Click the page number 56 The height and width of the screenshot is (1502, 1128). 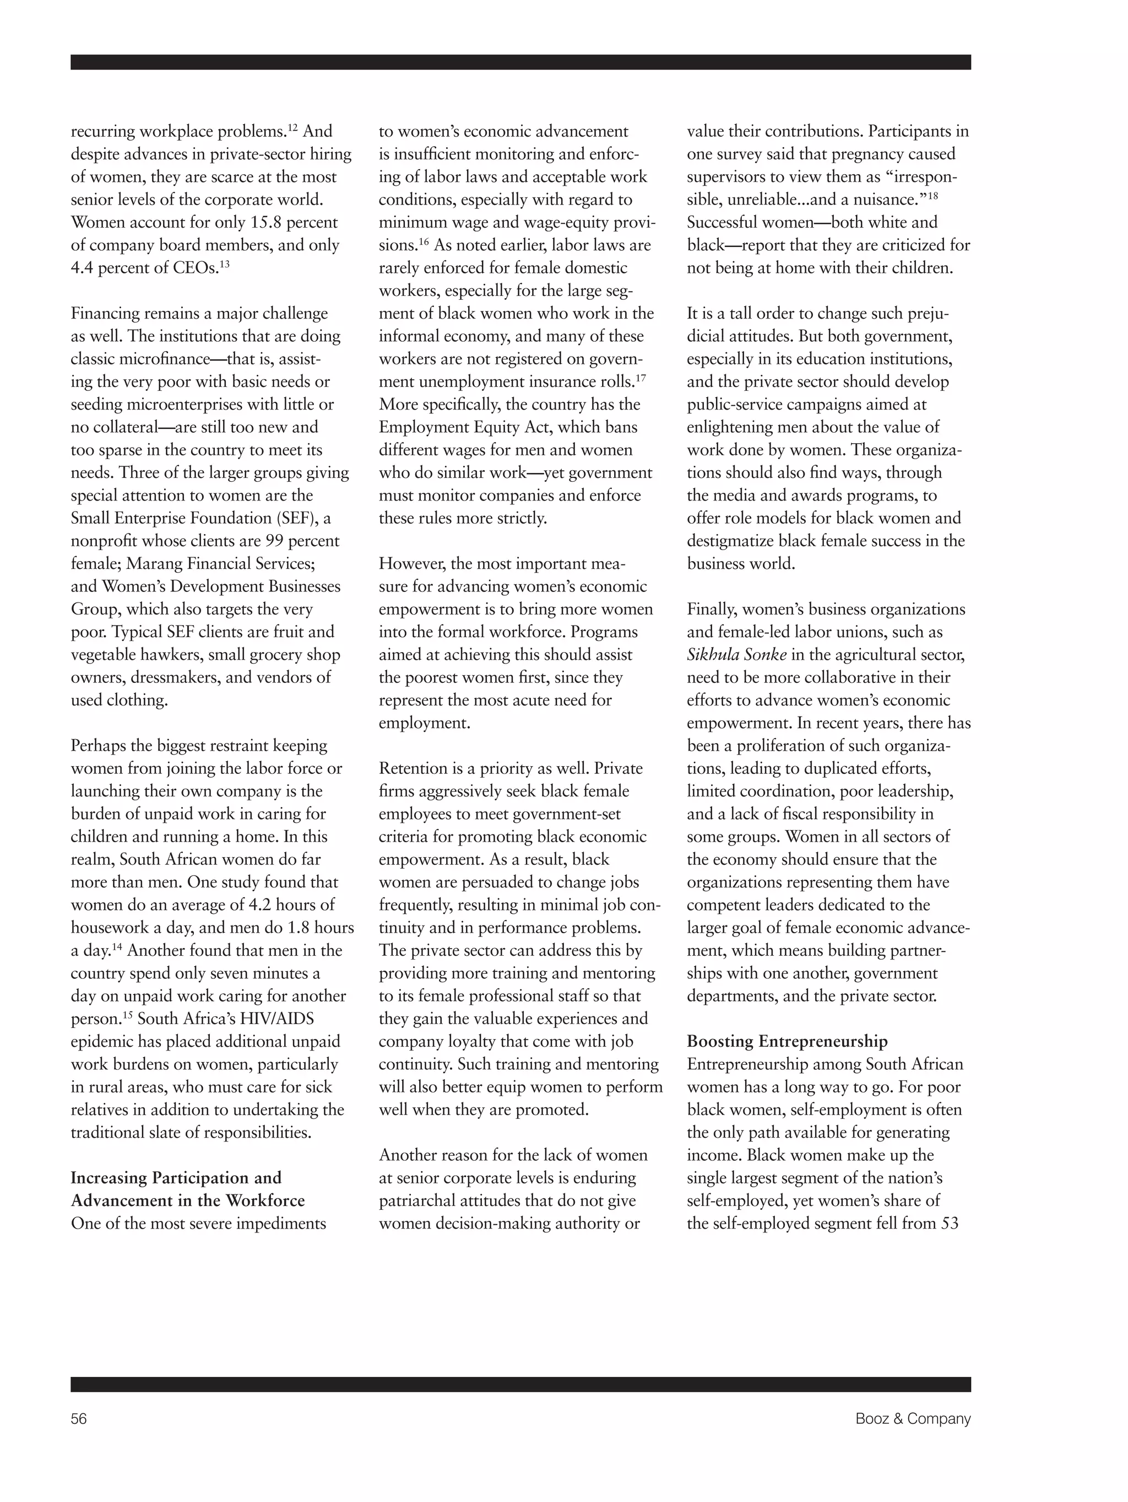tap(79, 1418)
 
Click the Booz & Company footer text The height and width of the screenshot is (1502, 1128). tap(912, 1418)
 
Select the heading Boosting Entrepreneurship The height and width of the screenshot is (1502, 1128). tap(787, 1042)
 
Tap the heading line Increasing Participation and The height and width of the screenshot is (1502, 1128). tap(176, 1178)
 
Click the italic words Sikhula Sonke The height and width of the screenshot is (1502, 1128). tap(736, 655)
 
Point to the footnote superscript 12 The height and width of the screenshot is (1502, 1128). tap(292, 126)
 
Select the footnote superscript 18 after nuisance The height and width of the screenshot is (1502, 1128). tap(933, 195)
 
